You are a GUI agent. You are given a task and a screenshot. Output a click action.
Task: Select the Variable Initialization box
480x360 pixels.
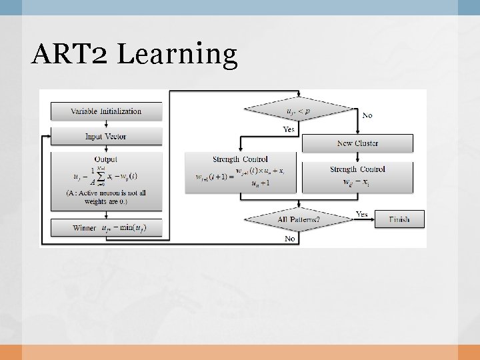point(107,111)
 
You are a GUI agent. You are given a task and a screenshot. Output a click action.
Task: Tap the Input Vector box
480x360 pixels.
point(107,137)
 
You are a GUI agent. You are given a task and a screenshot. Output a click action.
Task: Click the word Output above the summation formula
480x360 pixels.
point(106,159)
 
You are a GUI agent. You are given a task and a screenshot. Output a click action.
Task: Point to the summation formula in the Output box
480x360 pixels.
point(107,177)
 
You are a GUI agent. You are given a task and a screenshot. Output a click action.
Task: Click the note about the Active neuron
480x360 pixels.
point(107,197)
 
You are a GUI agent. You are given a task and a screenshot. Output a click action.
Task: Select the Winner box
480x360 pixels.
point(107,228)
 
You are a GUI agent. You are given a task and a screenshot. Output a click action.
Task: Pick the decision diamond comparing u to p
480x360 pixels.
point(300,111)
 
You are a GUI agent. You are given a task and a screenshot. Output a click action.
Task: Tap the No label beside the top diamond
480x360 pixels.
point(367,115)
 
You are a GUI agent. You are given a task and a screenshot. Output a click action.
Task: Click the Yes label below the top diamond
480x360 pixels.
point(289,129)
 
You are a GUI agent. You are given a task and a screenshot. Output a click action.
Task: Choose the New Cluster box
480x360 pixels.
point(358,143)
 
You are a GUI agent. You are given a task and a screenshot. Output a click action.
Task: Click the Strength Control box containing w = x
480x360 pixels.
point(358,176)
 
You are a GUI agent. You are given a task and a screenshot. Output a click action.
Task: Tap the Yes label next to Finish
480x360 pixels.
point(362,214)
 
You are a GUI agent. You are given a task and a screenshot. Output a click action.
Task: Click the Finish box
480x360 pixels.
point(399,219)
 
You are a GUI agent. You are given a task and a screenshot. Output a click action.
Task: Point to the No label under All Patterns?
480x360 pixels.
point(290,238)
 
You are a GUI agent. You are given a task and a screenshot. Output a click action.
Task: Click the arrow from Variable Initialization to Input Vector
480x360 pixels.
point(107,124)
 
